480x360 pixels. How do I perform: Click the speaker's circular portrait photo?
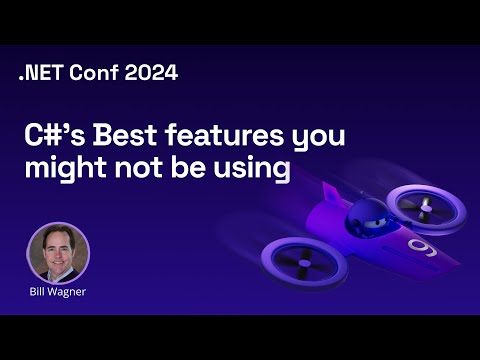tap(57, 252)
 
